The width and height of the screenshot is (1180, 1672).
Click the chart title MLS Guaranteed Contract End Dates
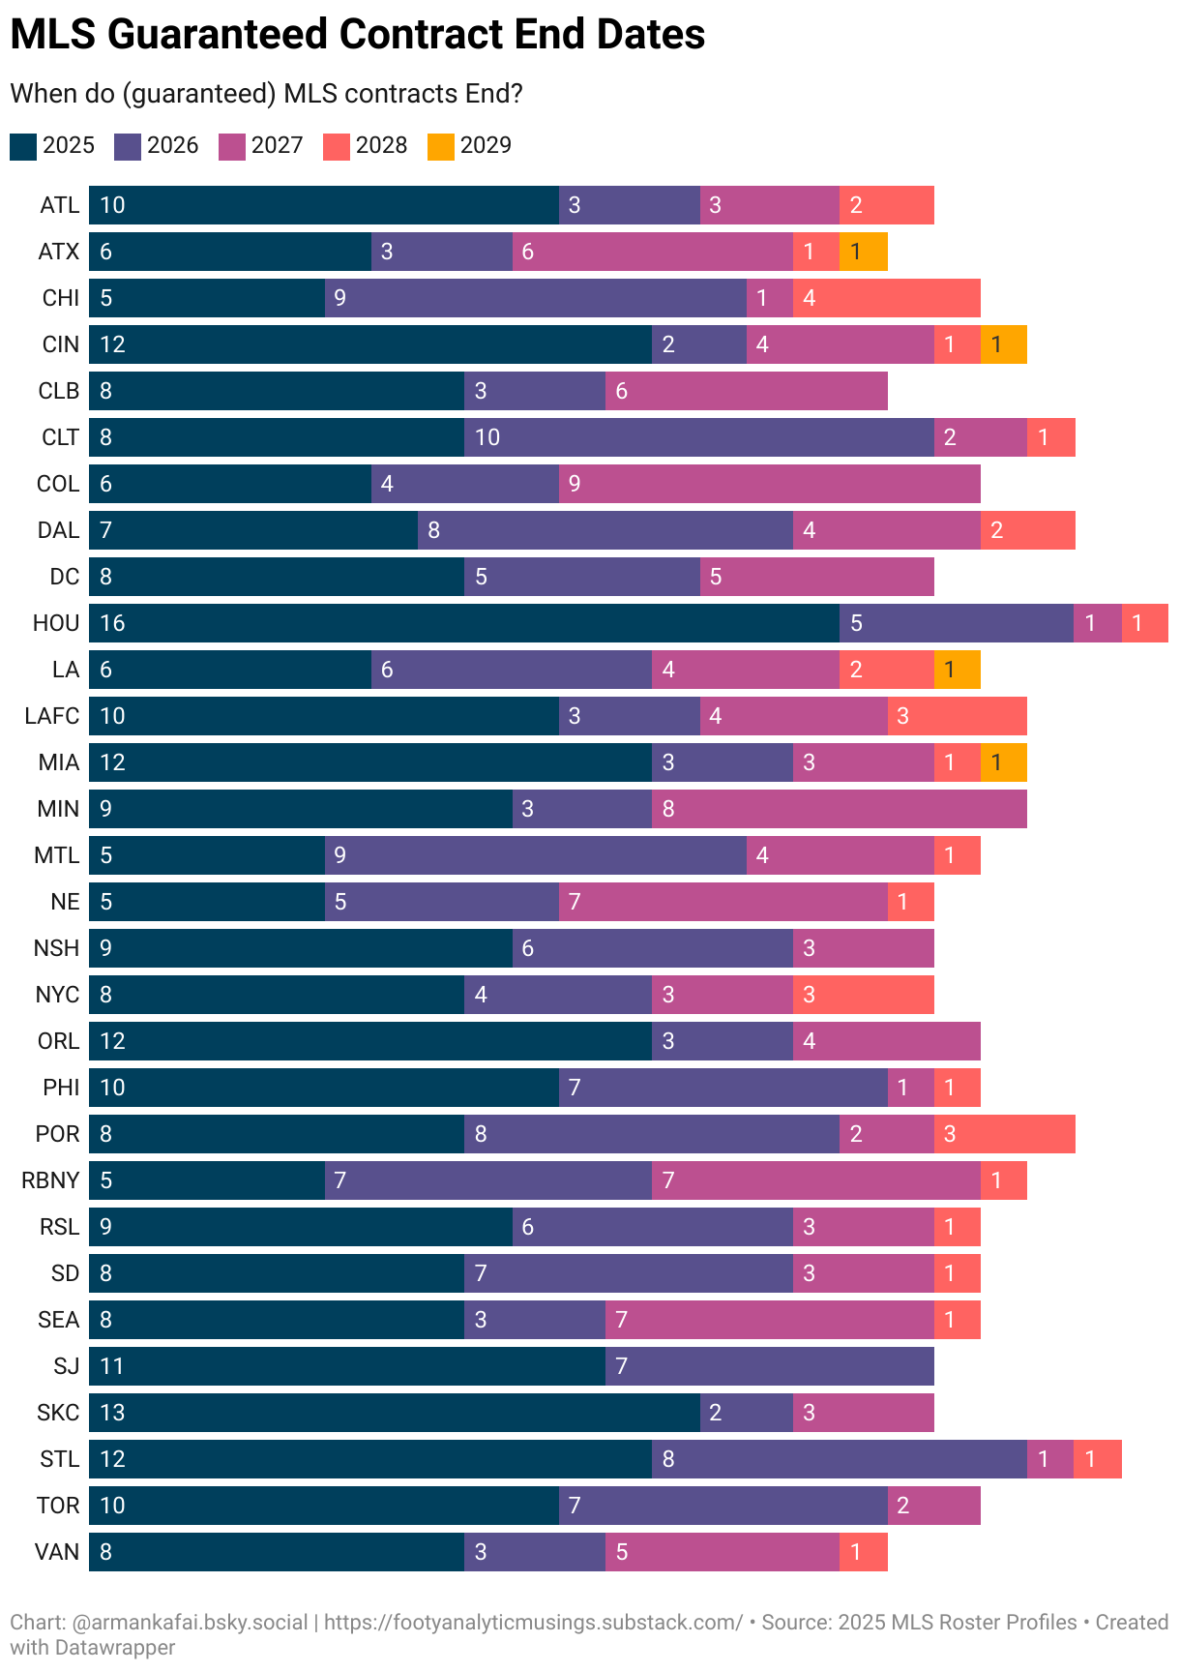[x=358, y=35]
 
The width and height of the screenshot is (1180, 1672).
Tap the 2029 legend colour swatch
[x=441, y=146]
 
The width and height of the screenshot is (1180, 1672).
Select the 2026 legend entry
[x=157, y=146]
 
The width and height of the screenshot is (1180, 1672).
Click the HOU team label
[x=56, y=623]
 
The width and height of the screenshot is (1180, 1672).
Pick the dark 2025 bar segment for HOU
[x=464, y=623]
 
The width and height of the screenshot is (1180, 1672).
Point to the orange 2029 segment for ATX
[x=864, y=252]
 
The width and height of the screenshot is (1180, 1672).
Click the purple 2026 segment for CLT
[x=698, y=437]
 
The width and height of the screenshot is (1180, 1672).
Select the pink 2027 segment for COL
[x=769, y=484]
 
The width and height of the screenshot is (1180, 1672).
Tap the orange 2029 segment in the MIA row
[x=1004, y=762]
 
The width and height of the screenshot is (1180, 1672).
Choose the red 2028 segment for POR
[x=1004, y=1134]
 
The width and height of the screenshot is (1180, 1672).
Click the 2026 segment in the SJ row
[x=769, y=1366]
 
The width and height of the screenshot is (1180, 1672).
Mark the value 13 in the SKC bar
[x=112, y=1413]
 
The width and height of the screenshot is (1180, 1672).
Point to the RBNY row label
[x=50, y=1180]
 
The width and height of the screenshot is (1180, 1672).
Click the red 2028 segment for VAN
[x=864, y=1552]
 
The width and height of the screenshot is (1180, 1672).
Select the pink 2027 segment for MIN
[x=840, y=809]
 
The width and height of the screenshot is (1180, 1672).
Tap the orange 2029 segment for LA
[x=958, y=670]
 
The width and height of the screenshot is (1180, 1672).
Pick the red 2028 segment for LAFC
[x=958, y=716]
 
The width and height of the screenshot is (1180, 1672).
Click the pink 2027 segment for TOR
[x=934, y=1506]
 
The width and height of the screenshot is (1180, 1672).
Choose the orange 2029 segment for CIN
[x=1004, y=344]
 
